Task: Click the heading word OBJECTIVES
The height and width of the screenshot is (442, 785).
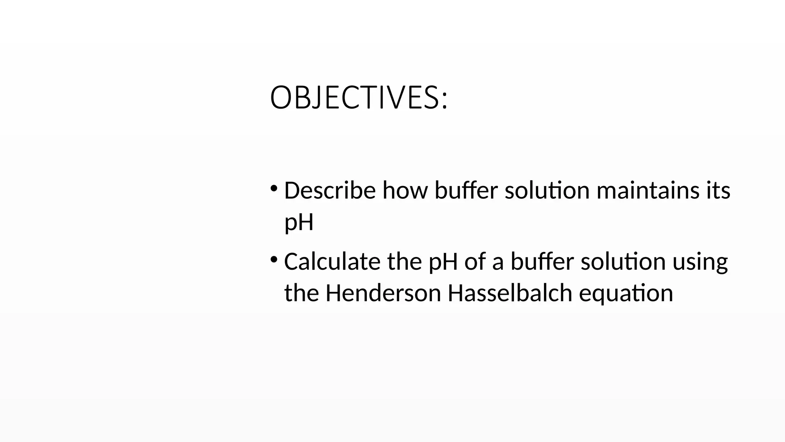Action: (358, 98)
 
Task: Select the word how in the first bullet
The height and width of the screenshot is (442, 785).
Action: (405, 190)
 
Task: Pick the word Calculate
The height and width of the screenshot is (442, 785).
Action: (332, 262)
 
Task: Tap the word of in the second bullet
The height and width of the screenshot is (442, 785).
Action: (475, 262)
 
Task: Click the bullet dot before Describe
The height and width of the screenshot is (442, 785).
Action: (274, 188)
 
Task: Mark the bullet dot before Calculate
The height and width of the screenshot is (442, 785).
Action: (274, 260)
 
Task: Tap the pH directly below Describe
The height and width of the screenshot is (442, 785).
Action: (299, 223)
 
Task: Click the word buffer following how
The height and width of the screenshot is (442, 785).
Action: (466, 190)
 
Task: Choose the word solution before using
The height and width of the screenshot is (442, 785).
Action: (623, 262)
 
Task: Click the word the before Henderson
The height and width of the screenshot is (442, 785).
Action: (302, 293)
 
